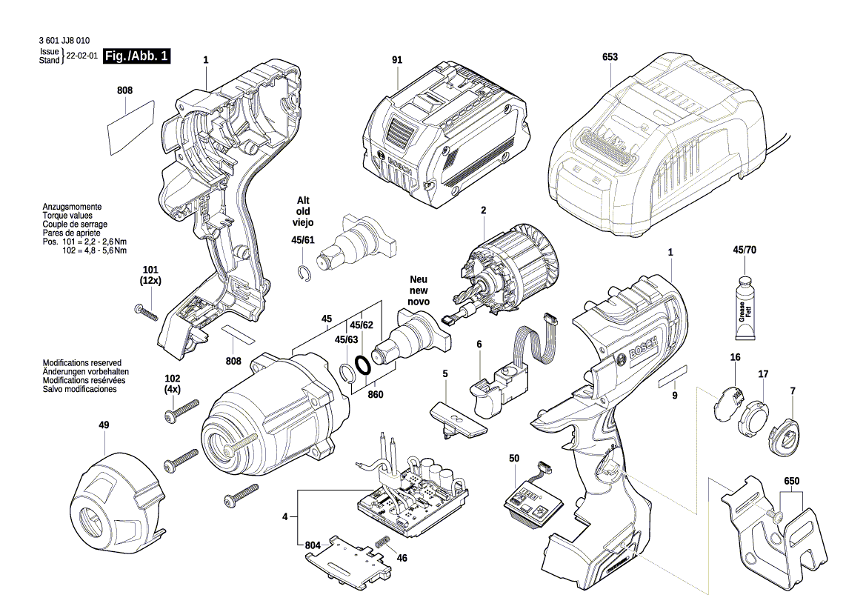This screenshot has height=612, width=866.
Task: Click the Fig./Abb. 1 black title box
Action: tap(137, 56)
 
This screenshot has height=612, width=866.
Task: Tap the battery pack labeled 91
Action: tap(444, 133)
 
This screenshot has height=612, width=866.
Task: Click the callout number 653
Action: tap(610, 57)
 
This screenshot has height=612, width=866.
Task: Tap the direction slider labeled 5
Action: tap(458, 419)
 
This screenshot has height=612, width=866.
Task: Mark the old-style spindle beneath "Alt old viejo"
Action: tap(359, 238)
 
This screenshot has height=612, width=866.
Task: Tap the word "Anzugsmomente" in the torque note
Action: tap(72, 207)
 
